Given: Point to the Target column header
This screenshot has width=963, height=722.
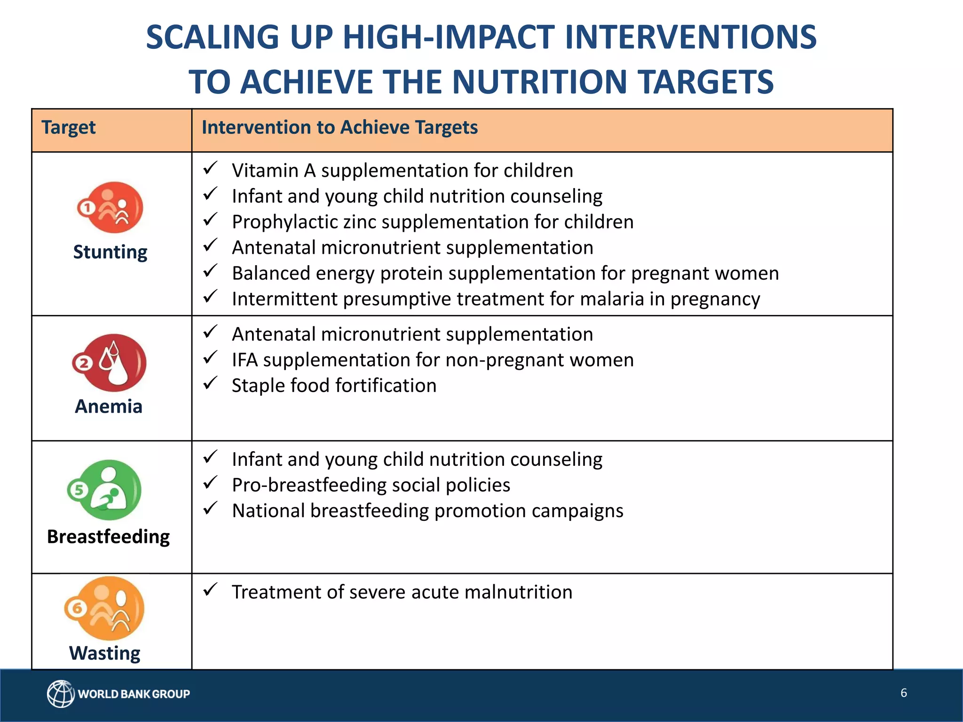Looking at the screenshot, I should coord(69,128).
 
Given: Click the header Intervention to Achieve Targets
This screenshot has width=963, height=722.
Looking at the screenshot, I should coord(339,128).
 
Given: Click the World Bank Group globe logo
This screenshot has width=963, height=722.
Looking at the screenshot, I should coord(60,693).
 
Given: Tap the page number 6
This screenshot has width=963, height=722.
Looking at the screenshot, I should coord(903,693).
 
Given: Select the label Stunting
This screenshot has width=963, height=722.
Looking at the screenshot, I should coord(111,252).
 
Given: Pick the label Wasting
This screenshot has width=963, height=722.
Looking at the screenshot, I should coord(105,653).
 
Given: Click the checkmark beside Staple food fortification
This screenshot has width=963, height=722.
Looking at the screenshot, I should coord(210,383).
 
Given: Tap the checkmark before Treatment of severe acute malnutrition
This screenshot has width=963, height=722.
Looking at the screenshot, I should coord(210,589).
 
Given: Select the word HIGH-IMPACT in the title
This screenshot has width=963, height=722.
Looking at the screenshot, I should coord(449,38).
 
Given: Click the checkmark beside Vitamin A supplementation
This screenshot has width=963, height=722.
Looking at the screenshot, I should coord(210,168).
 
